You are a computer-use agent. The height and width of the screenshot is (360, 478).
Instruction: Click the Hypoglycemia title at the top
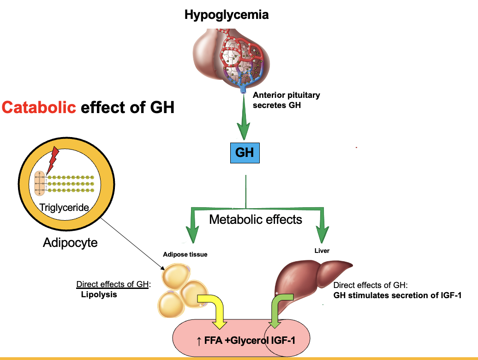(226, 14)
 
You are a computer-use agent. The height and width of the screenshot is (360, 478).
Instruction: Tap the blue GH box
(245, 152)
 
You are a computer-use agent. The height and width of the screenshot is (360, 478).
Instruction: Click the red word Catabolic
(39, 108)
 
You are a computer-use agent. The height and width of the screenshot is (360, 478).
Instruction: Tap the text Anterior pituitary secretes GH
(286, 99)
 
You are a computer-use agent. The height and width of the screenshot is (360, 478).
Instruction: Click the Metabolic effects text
(256, 219)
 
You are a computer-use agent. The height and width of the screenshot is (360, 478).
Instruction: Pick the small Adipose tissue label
(185, 254)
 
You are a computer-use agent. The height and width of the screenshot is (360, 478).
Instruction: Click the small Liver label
(322, 251)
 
